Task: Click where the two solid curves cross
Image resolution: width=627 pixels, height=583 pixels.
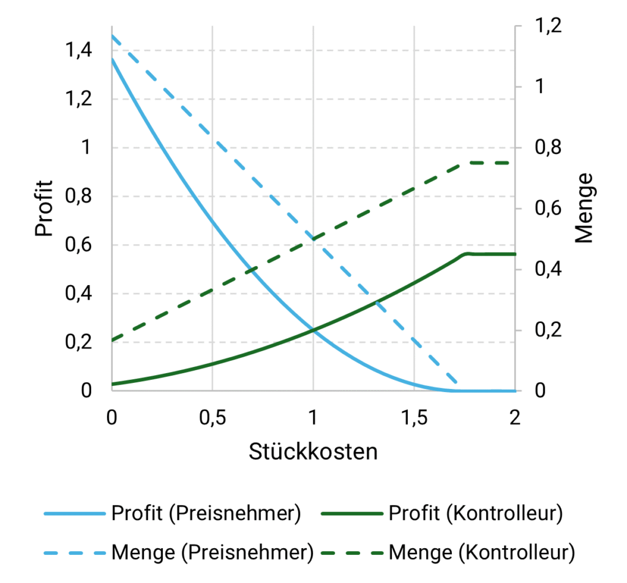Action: coord(313,330)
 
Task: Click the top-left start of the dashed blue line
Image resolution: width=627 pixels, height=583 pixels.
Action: coord(112,35)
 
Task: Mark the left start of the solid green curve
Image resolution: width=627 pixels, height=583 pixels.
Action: coord(112,384)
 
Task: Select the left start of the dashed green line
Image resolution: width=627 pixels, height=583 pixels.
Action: coord(112,340)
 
